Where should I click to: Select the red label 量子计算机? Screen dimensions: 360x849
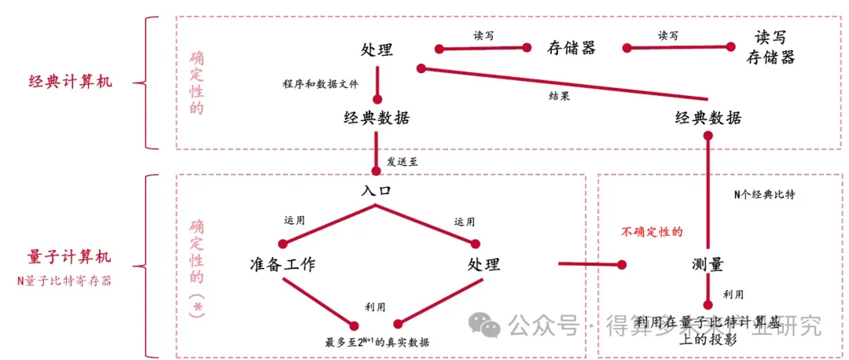point(69,256)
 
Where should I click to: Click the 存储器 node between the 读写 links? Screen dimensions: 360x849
point(572,48)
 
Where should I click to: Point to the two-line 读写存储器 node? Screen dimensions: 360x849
point(771,47)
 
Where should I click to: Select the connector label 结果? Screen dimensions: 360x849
point(560,96)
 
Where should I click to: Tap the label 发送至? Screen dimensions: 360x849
point(402,162)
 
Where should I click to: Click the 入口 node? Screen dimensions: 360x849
point(377,191)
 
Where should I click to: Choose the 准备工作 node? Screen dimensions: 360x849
point(282,264)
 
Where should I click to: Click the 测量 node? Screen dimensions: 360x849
point(707,264)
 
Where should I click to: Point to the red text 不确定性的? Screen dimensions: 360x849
point(652,232)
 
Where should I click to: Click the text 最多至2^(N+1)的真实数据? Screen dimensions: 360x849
point(377,342)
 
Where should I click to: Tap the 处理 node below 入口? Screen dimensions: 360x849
point(483,264)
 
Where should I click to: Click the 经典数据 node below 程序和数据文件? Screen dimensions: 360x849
point(377,119)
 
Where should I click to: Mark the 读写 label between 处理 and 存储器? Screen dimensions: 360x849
point(484,35)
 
